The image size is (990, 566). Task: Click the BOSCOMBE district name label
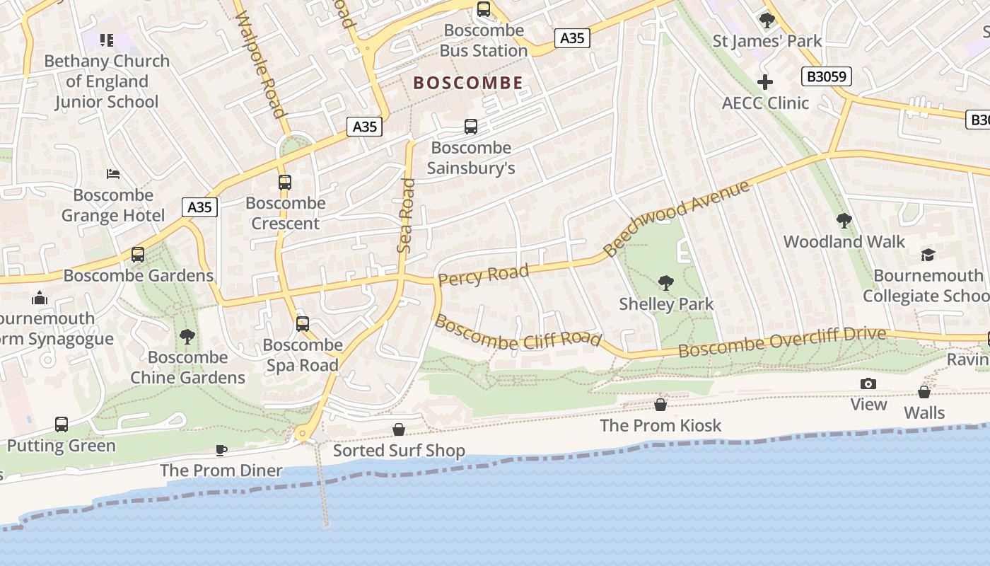468,83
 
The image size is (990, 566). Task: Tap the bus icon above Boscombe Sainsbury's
471,127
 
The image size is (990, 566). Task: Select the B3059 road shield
826,76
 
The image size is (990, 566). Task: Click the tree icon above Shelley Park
665,283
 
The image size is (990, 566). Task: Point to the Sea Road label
406,216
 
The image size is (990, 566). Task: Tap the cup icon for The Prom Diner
221,450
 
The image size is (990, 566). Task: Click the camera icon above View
868,383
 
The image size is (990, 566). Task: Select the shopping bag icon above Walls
924,391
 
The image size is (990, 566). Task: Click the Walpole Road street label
261,64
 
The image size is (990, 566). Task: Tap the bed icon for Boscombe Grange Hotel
113,174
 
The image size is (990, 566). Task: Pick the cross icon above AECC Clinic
765,82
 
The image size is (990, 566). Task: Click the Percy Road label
483,275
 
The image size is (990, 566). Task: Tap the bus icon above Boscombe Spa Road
303,324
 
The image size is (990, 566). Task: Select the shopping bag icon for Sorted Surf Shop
399,429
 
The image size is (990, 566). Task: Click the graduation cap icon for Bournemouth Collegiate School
928,255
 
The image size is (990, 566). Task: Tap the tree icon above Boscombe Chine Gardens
187,336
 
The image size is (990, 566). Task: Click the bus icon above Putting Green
62,424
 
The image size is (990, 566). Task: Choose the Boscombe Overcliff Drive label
782,342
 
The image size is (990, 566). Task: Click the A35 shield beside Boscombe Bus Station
571,38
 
